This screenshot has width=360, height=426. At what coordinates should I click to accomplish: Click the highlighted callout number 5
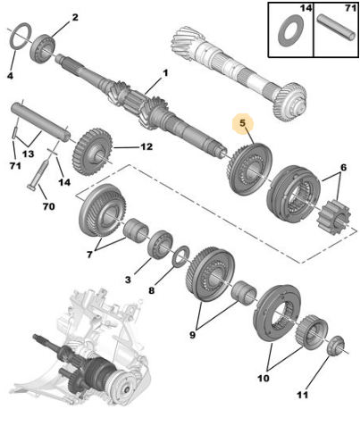pos(243,123)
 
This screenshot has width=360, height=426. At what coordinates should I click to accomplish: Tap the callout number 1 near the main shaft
pos(164,73)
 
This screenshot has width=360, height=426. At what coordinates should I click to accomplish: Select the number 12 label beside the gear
pos(147,146)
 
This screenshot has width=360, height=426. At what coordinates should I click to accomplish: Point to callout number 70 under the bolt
pos(49,206)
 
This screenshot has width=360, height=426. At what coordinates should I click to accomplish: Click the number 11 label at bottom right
pos(302,395)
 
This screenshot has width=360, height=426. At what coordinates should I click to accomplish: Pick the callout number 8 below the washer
pos(151,290)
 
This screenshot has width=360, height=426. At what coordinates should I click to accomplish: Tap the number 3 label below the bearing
pos(128,280)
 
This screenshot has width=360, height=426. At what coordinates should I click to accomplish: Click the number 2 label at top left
pos(75,17)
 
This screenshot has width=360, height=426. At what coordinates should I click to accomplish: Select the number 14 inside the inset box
pos(306,8)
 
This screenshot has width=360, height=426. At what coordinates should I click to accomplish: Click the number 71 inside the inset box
pos(350,8)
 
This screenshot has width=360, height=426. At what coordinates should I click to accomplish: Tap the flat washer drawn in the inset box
pos(291,30)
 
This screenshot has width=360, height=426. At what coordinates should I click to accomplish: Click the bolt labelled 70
pos(38,175)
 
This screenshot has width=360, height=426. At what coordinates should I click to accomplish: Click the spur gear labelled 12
pos(93,153)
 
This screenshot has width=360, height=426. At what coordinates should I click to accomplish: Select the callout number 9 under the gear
pos(192,335)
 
